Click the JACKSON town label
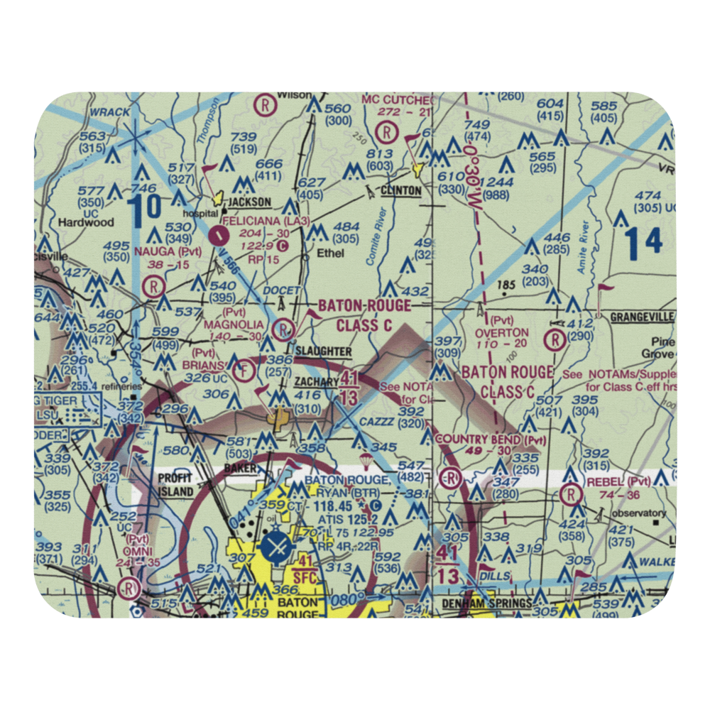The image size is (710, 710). [246, 203]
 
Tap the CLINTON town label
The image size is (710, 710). [400, 191]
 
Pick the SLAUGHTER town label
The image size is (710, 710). [323, 351]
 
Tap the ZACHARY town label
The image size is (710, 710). [317, 381]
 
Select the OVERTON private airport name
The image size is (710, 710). [502, 332]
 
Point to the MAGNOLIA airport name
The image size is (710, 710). [234, 324]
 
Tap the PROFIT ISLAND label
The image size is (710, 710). [175, 484]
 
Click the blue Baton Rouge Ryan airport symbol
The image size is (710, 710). [275, 547]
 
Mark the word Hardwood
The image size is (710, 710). [85, 222]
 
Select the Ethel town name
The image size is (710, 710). [331, 253]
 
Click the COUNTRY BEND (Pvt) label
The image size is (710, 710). [491, 440]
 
